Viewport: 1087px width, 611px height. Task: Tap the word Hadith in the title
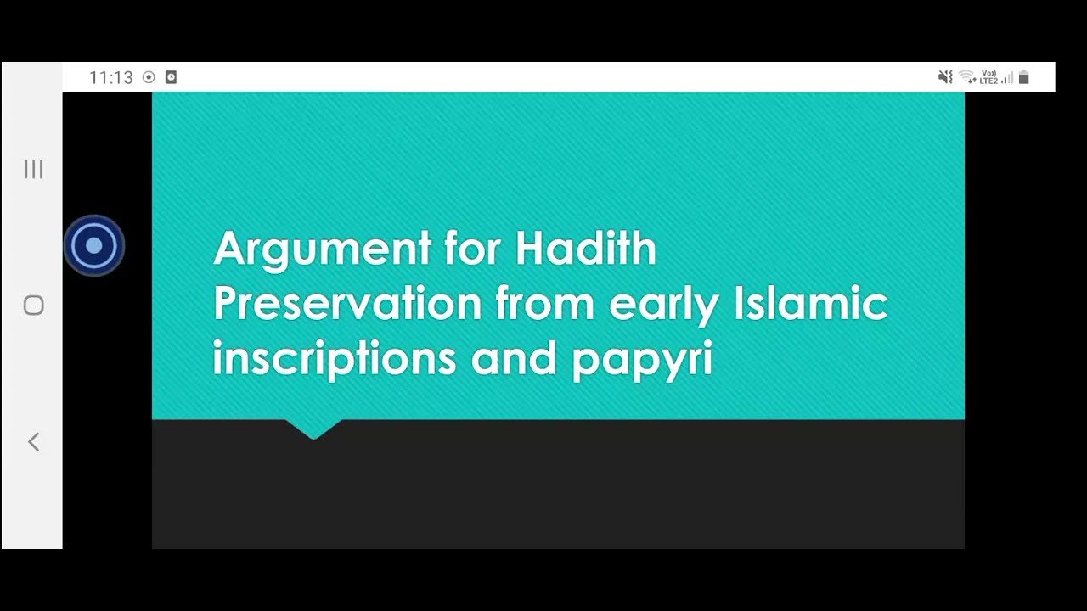click(585, 248)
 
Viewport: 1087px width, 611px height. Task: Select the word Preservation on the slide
click(346, 303)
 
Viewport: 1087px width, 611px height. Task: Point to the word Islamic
click(810, 303)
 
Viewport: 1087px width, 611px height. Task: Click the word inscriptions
click(334, 359)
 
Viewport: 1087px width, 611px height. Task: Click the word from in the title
click(543, 303)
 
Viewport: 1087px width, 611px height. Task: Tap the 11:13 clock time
click(111, 77)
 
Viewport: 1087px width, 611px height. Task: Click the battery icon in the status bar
click(1023, 77)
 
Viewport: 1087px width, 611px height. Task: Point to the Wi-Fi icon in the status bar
click(966, 77)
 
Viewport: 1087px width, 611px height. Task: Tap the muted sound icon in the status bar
click(945, 77)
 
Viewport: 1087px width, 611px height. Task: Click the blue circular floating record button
click(94, 246)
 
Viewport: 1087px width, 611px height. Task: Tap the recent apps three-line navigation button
click(33, 169)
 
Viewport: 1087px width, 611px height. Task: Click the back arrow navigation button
click(33, 441)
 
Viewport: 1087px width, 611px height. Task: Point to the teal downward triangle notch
click(313, 428)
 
